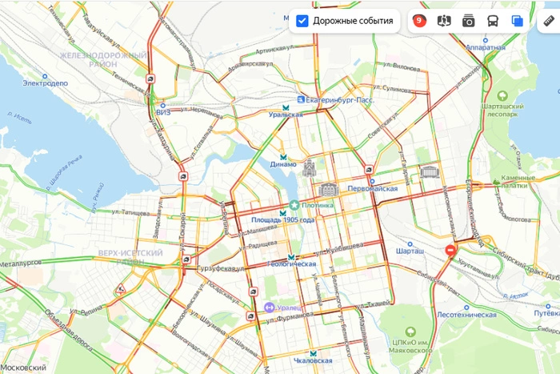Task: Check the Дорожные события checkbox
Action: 302,21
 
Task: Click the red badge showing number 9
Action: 419,21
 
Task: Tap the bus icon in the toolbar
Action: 493,21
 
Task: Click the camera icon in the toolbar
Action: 469,21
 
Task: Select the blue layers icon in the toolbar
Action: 518,21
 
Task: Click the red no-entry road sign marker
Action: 451,251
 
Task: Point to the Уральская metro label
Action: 286,115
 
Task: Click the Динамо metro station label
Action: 283,164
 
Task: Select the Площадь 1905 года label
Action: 283,219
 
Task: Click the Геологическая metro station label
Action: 292,263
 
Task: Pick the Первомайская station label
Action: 372,188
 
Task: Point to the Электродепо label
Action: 46,82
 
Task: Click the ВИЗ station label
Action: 164,112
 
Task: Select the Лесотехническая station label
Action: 467,315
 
